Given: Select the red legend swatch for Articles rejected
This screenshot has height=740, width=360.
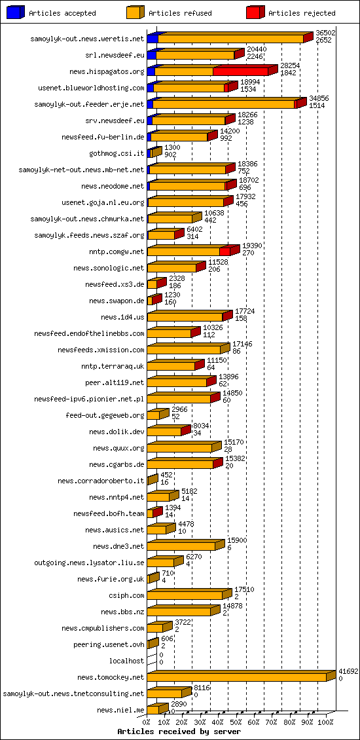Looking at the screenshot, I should [x=254, y=13].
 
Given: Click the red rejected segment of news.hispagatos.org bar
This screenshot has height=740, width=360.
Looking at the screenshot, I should [x=240, y=71].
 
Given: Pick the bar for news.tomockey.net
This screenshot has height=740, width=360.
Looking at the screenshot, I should [x=237, y=677].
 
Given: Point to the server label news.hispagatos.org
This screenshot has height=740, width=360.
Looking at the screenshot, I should [x=107, y=71].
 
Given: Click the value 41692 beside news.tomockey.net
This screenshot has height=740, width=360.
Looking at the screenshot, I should [x=348, y=671].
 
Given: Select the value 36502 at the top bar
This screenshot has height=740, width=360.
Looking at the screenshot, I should [x=325, y=32].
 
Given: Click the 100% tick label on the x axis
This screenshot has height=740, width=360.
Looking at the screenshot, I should [x=325, y=722].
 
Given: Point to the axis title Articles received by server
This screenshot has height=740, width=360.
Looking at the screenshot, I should [x=179, y=731].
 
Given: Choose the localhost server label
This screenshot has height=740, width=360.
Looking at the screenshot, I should [x=126, y=661].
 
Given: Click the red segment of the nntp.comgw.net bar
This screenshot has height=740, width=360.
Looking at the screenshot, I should [x=225, y=251].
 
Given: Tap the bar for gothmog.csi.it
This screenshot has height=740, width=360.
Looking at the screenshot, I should [x=152, y=153].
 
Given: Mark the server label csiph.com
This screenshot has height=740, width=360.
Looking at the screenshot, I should [x=126, y=595].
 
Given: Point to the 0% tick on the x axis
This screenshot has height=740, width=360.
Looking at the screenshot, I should [x=147, y=722].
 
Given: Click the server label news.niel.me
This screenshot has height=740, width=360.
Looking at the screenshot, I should [x=120, y=710].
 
